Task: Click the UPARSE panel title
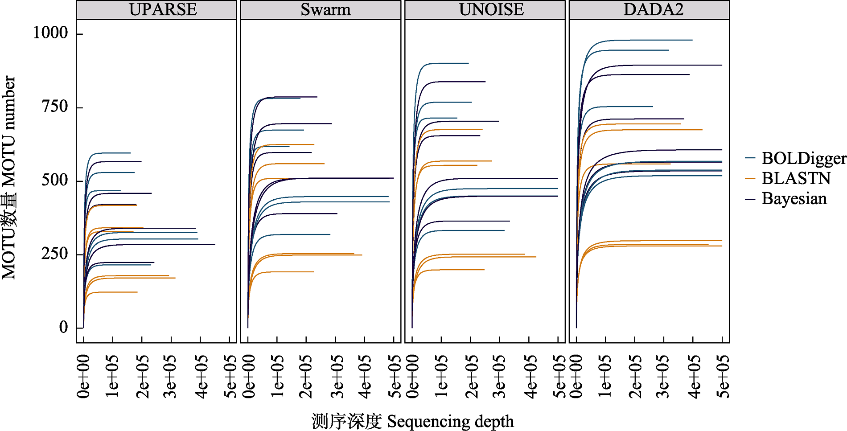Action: tap(163, 10)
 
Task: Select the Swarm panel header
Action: tap(325, 10)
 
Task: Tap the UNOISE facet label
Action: tap(491, 10)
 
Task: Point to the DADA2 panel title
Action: tap(653, 10)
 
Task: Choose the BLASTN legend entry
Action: tap(796, 179)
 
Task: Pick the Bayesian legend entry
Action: tap(794, 199)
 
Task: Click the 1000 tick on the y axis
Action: tap(50, 33)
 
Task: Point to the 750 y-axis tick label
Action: tap(54, 107)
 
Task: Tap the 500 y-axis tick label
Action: tap(54, 181)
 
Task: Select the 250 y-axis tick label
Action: tap(54, 254)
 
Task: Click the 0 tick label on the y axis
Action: tap(63, 328)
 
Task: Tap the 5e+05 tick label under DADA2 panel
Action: tap(723, 376)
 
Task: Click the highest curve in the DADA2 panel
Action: tap(646, 40)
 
